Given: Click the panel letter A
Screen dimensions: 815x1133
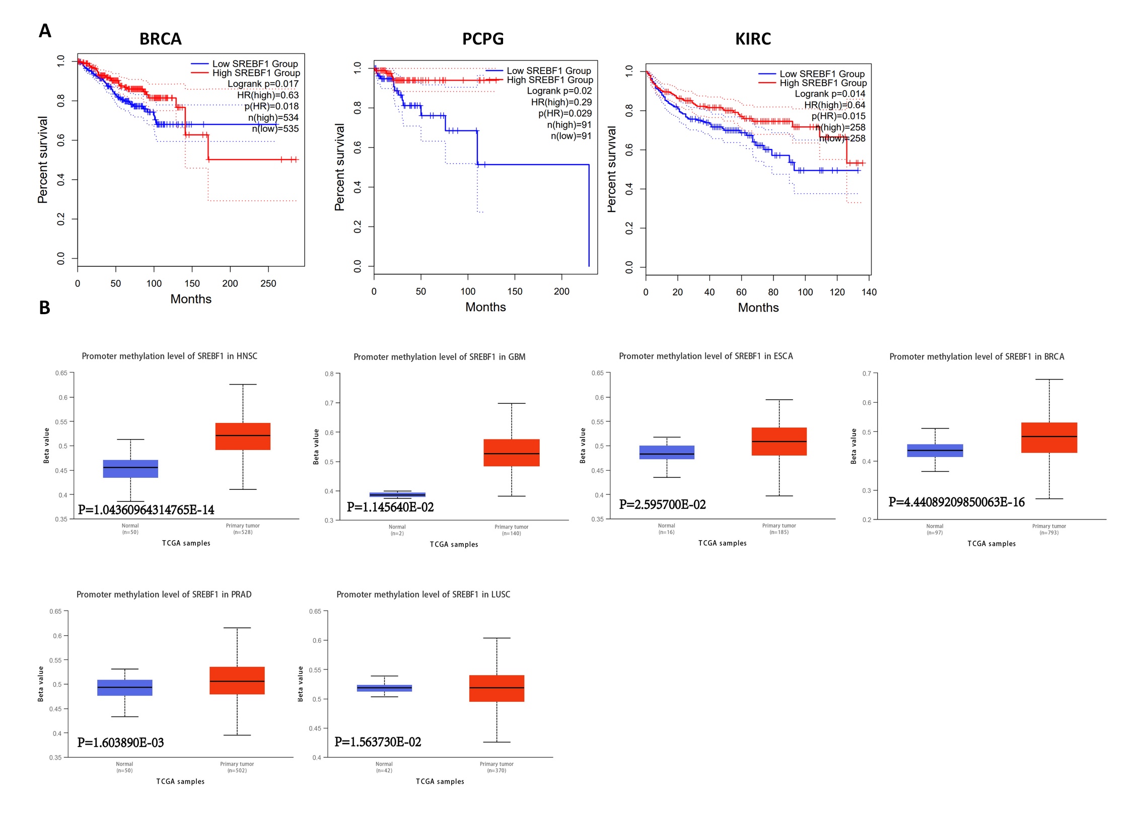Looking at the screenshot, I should point(45,31).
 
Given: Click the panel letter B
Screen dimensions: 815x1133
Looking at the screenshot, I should point(45,308).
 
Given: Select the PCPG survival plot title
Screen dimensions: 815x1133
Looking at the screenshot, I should point(482,39).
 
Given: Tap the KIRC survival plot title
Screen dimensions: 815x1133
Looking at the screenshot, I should point(753,39).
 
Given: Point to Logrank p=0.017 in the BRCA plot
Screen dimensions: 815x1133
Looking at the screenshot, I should point(263,84).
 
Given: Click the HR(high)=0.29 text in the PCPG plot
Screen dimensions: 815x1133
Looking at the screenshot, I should point(561,102).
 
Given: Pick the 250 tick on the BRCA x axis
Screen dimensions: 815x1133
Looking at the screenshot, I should point(268,283).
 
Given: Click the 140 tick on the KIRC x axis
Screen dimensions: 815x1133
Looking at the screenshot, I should point(869,292).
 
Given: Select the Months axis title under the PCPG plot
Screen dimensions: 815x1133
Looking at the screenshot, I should point(485,307).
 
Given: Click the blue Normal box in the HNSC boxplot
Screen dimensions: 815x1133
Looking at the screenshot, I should point(130,469).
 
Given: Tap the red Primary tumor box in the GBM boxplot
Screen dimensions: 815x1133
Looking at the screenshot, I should point(511,453).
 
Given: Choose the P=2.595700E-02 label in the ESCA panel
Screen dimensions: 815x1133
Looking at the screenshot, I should point(662,504).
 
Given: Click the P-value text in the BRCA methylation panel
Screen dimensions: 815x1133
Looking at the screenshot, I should point(956,502).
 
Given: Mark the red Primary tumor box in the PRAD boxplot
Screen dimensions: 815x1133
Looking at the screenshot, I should point(237,681).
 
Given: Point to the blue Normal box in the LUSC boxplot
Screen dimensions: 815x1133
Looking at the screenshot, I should point(384,688).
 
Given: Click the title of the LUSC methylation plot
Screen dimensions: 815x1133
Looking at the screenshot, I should point(423,595).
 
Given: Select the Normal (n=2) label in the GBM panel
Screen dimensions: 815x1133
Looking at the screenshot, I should point(397,530).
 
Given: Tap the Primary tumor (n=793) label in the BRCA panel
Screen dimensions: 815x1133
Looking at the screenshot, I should point(1049,530).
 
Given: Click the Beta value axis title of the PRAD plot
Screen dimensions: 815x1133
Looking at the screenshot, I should point(41,684).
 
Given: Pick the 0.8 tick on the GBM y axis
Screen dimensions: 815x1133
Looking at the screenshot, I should point(329,374).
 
